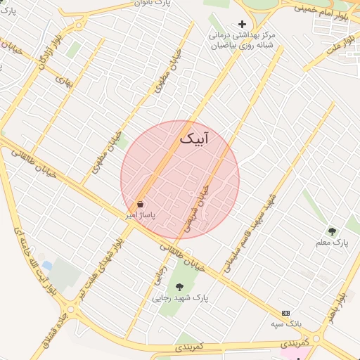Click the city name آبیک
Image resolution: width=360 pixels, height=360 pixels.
(195, 139)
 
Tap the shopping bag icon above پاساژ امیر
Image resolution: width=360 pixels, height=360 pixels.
(141, 204)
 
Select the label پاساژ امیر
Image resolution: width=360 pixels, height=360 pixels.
(141, 213)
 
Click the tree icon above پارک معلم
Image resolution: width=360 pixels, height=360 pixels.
(332, 231)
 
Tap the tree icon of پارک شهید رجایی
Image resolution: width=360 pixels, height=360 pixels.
(180, 287)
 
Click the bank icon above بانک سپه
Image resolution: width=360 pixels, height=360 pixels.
(285, 313)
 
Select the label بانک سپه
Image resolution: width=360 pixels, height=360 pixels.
(285, 324)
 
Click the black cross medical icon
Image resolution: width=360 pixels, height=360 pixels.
(243, 25)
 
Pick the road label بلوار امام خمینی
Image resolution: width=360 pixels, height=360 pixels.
(323, 9)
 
